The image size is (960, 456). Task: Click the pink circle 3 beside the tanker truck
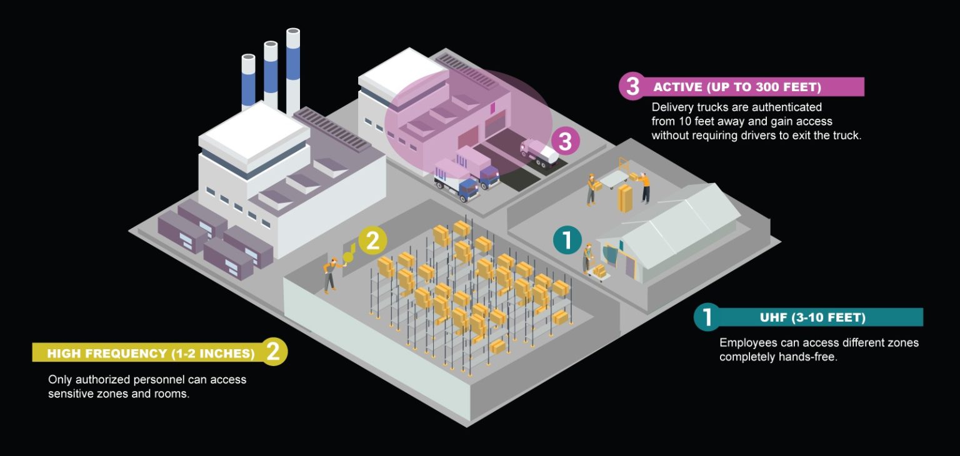[x=565, y=142]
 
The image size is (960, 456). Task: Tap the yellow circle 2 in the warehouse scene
[x=372, y=241]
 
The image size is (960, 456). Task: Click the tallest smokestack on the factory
[x=293, y=69]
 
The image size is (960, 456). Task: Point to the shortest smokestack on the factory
[x=248, y=81]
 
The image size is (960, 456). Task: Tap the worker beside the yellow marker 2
[x=330, y=274]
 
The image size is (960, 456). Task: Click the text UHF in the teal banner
[x=774, y=317]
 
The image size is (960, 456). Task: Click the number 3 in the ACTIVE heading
[x=632, y=87]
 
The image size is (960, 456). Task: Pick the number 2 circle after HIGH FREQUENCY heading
[x=273, y=352]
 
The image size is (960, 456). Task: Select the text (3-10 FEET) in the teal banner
[x=828, y=317]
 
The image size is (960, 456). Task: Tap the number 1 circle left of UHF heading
[x=707, y=317]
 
